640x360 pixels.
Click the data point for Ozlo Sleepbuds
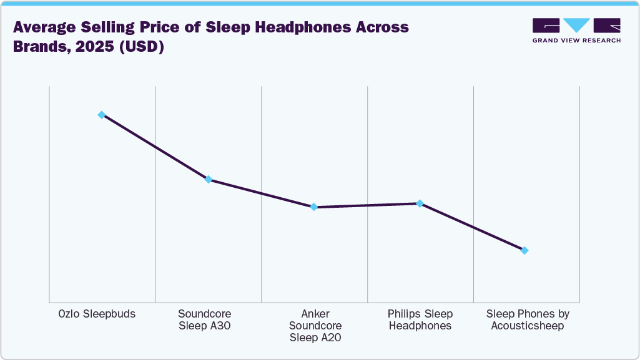[x=101, y=115]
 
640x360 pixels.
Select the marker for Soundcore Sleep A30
[x=209, y=180]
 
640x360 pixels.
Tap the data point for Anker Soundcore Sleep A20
[x=314, y=207]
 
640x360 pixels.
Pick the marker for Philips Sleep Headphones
[x=420, y=203]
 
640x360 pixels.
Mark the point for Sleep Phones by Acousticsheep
[x=524, y=251]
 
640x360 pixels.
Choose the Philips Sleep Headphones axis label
[x=420, y=319]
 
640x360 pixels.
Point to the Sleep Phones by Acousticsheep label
[x=528, y=319]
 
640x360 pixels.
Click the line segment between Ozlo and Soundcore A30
[x=155, y=147]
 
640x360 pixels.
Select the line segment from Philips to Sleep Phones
[x=472, y=227]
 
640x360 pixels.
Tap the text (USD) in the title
[x=143, y=47]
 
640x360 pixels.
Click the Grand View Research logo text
[x=576, y=41]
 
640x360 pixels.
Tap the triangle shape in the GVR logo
[x=576, y=25]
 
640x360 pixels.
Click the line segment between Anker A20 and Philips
[x=367, y=205]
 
